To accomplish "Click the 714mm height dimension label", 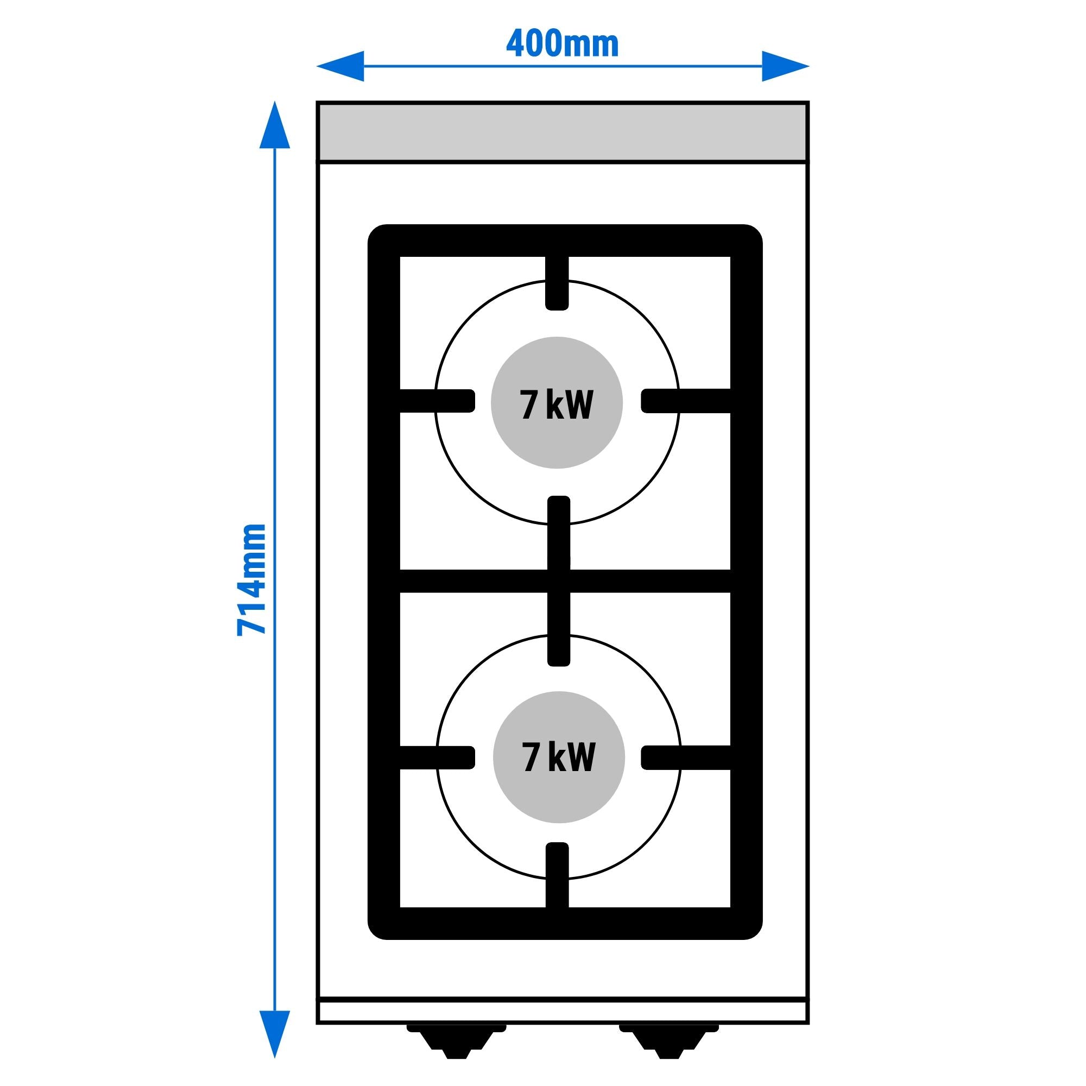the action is [251, 579].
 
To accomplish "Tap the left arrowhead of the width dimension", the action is [340, 66].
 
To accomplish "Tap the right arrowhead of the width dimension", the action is [785, 66].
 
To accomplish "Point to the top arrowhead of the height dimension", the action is [275, 124].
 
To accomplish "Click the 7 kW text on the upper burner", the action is [557, 405].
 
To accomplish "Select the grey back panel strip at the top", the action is [563, 132].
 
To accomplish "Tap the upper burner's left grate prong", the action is [437, 401].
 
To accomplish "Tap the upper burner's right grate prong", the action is [686, 401].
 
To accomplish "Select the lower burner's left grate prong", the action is [437, 757].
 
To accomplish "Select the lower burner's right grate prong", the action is [686, 757].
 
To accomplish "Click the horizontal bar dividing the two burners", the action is [565, 580].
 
